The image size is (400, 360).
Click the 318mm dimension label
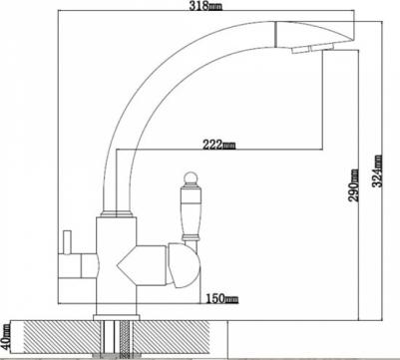(205, 5)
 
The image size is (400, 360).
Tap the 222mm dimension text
(218, 145)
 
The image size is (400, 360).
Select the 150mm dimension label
(221, 298)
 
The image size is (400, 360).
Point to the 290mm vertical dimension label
(354, 185)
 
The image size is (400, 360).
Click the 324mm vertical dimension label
(377, 171)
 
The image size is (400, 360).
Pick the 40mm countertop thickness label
(6, 336)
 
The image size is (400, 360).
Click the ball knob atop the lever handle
(191, 179)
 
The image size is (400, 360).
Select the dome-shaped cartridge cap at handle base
(184, 265)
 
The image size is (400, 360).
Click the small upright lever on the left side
(68, 242)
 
